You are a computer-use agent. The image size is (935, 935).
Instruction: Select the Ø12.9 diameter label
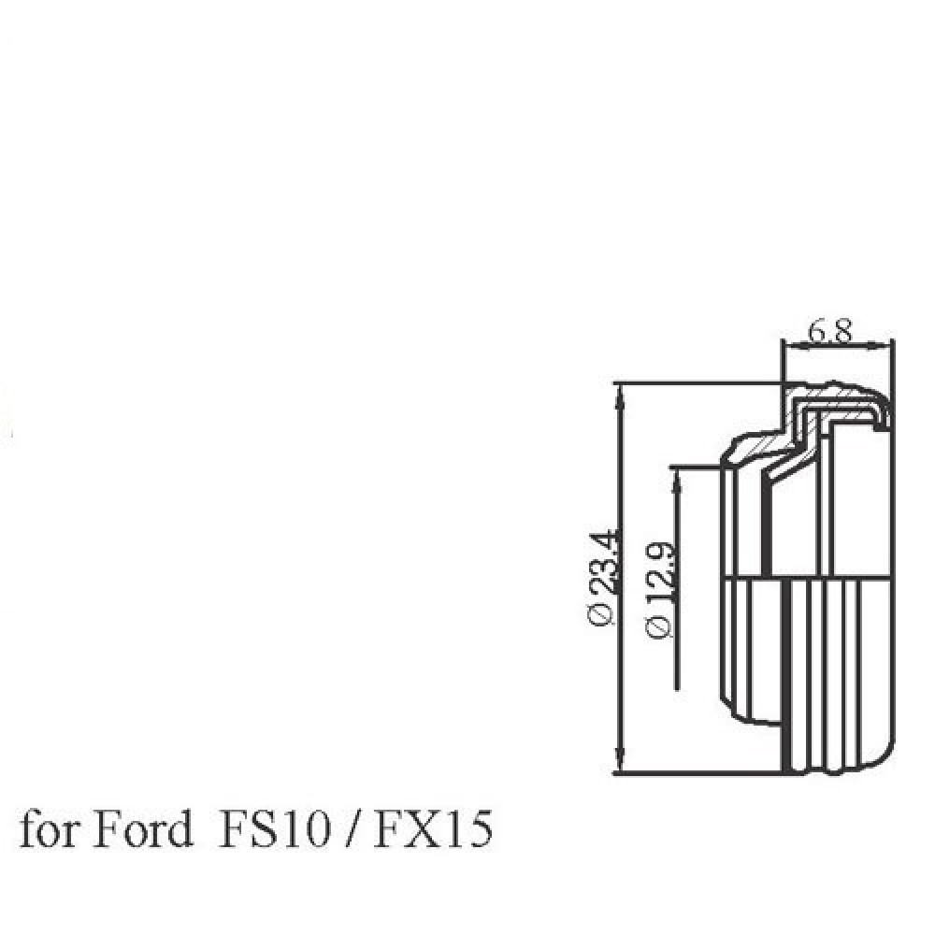[x=658, y=589]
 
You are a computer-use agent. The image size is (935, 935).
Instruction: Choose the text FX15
[x=430, y=829]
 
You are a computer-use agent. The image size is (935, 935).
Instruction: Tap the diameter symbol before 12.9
[x=658, y=628]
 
